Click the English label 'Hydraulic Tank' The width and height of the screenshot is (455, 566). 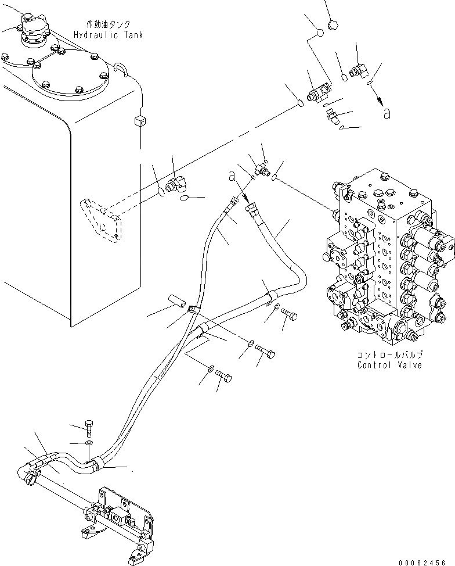click(x=108, y=35)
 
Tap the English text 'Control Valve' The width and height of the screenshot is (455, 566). click(x=389, y=365)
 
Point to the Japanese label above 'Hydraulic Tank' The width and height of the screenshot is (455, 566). click(x=108, y=25)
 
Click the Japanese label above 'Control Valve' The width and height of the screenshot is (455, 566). click(x=389, y=354)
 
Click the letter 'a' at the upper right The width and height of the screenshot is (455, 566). click(x=386, y=114)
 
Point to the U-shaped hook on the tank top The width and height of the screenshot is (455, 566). click(x=120, y=69)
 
